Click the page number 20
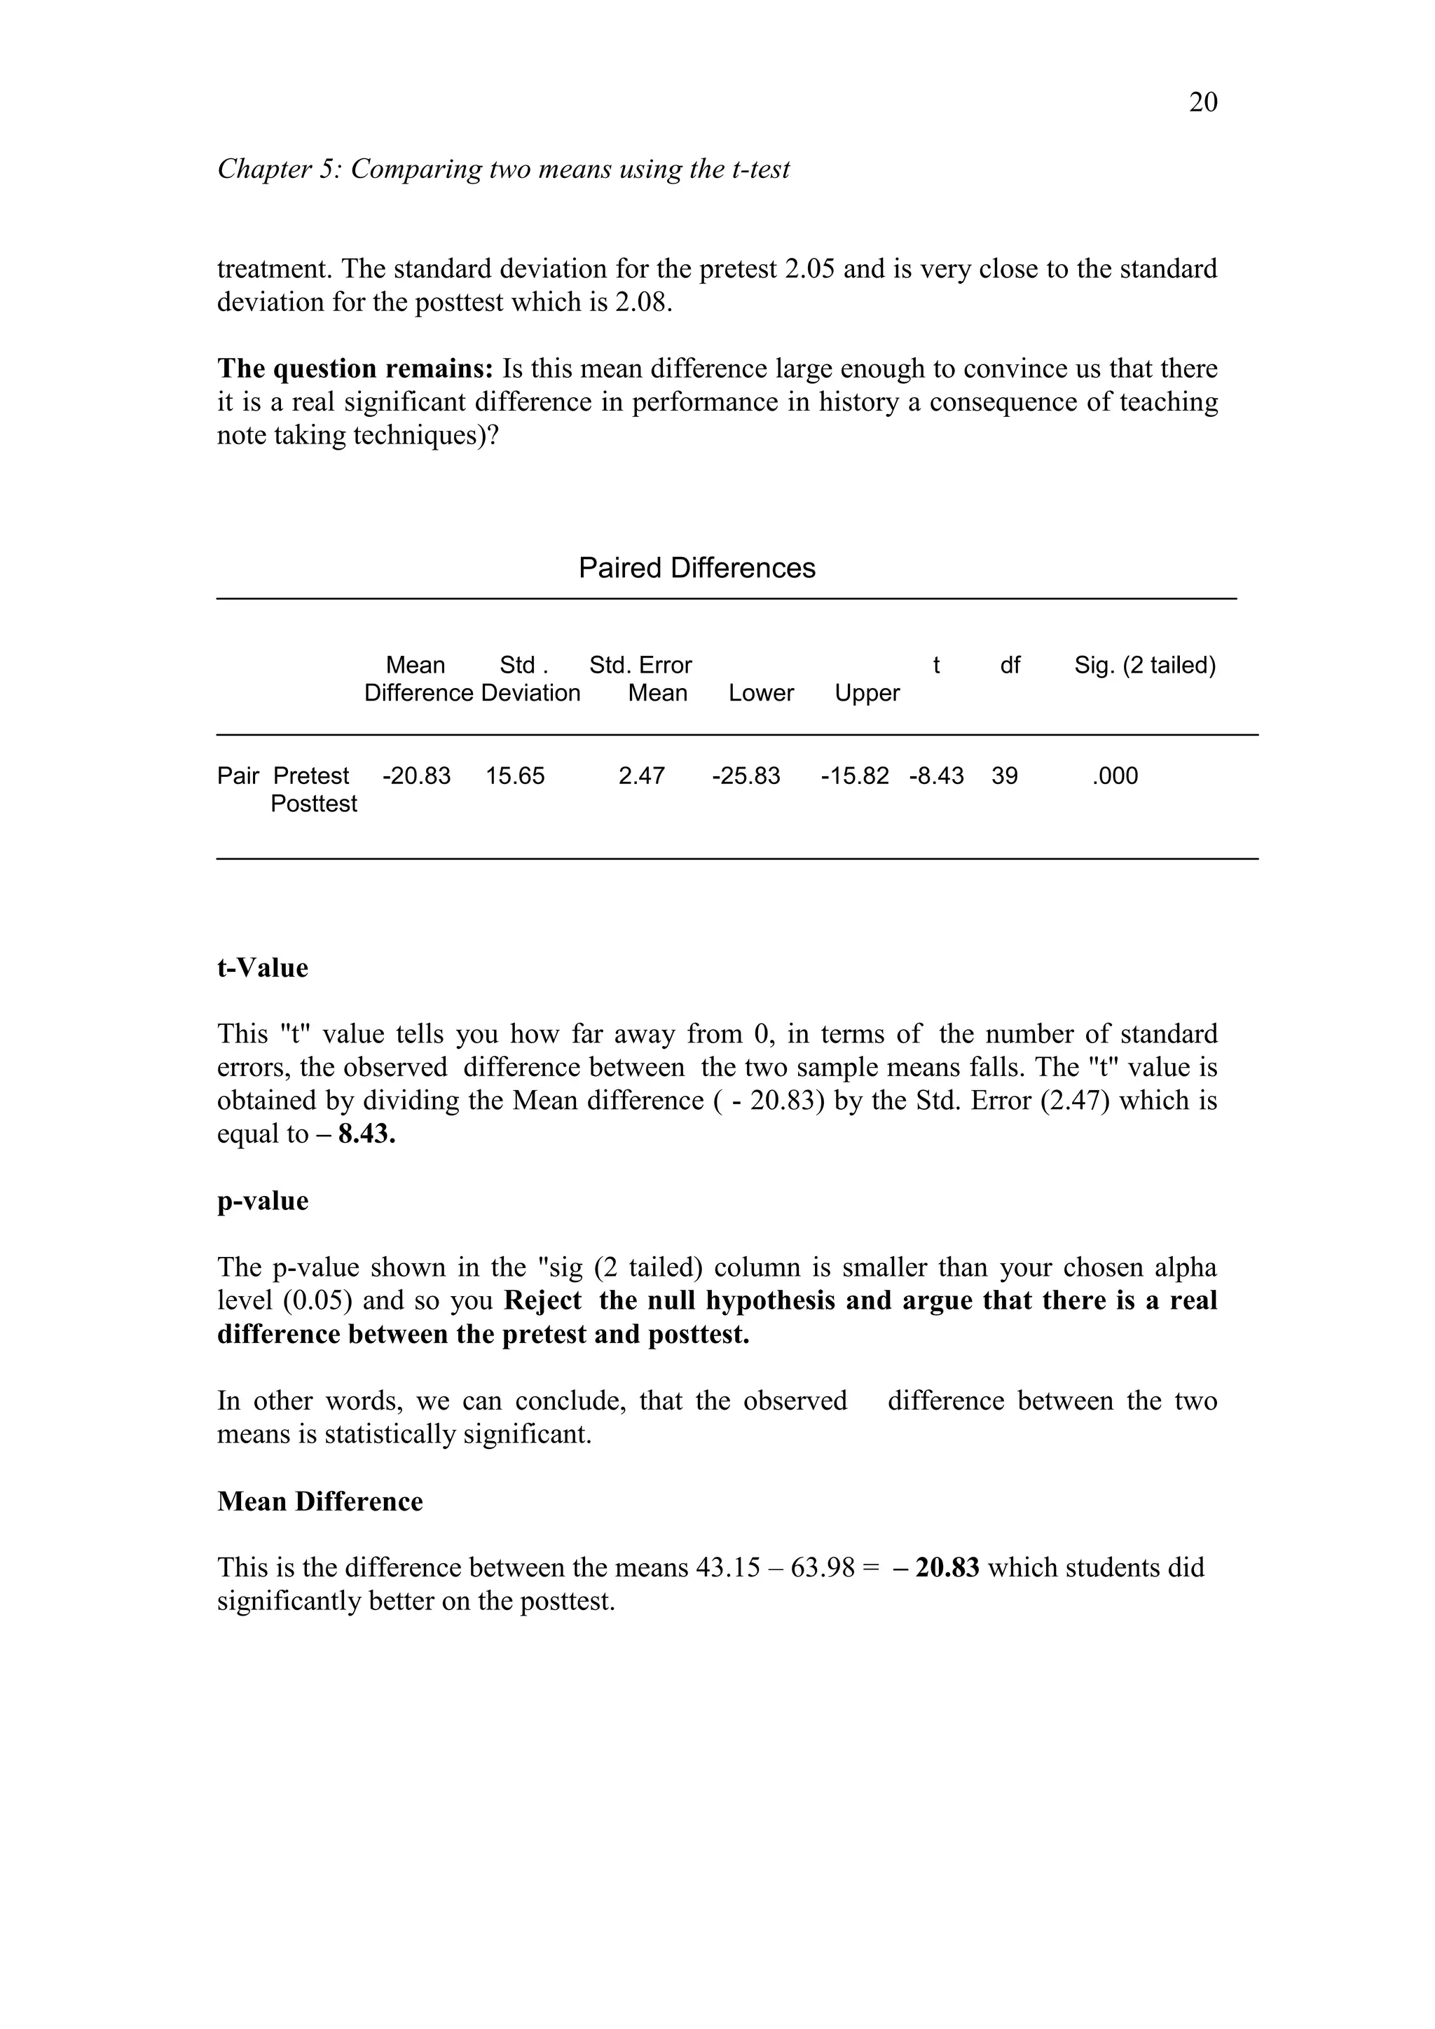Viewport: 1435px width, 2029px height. (1202, 102)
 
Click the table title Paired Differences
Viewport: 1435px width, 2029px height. (696, 568)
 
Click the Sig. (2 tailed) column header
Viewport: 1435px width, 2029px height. (1145, 666)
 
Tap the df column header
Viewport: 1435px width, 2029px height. (1010, 666)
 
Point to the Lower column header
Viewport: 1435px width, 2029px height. (761, 693)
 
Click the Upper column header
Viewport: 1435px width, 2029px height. (867, 693)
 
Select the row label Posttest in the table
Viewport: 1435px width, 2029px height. (314, 804)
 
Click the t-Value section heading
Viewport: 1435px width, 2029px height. (263, 968)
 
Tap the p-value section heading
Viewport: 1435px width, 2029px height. (263, 1201)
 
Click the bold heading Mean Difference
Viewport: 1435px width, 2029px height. (320, 1501)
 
